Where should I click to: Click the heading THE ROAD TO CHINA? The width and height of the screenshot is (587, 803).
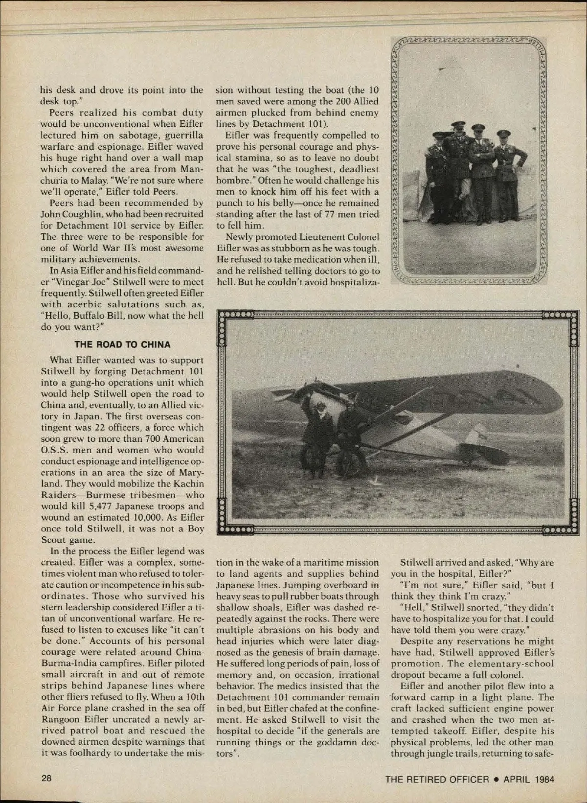point(122,344)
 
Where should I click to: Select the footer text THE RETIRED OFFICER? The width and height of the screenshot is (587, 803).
point(437,779)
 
